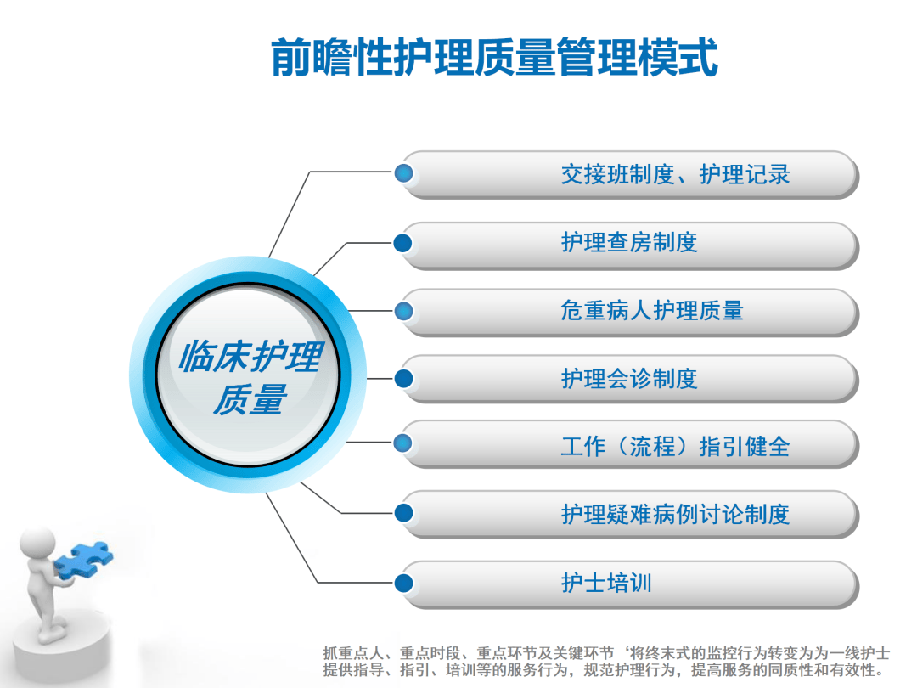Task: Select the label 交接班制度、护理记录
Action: pyautogui.click(x=675, y=175)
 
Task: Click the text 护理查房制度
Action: pyautogui.click(x=629, y=242)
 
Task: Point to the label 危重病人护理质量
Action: pyautogui.click(x=651, y=310)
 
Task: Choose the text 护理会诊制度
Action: pyautogui.click(x=629, y=378)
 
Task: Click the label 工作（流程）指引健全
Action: pyautogui.click(x=675, y=446)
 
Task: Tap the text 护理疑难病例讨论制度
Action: pyautogui.click(x=675, y=514)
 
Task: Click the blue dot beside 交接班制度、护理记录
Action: pyautogui.click(x=404, y=174)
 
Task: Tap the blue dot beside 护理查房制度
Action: pyautogui.click(x=404, y=243)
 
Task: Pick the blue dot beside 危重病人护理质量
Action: pyautogui.click(x=404, y=310)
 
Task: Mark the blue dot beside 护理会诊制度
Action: pyautogui.click(x=404, y=378)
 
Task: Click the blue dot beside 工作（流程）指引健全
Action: pyautogui.click(x=404, y=443)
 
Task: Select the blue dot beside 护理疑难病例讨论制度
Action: pyautogui.click(x=404, y=512)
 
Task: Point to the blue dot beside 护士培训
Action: pyautogui.click(x=404, y=583)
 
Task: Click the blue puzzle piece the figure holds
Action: pyautogui.click(x=82, y=561)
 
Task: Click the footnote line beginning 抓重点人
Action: pyautogui.click(x=606, y=653)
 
